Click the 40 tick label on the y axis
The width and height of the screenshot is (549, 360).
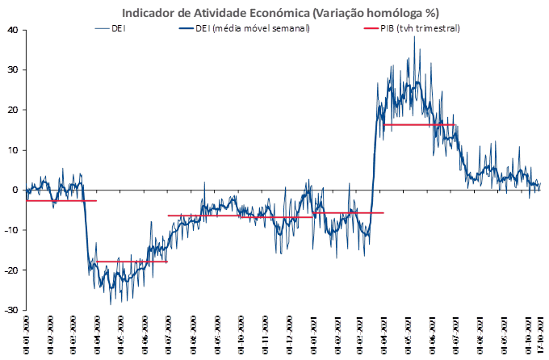point(13,30)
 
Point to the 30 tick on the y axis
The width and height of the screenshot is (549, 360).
point(13,69)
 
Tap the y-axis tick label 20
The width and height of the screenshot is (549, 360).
point(13,110)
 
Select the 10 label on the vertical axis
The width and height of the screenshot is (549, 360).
point(13,150)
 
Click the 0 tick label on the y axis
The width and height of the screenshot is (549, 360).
point(15,190)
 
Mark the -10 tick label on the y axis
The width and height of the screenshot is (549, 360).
point(12,230)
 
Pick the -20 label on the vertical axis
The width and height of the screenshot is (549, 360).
point(12,270)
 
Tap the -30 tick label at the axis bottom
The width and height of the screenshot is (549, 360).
point(12,310)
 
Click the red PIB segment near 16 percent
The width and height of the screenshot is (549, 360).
point(420,124)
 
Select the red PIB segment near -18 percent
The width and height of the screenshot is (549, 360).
point(131,262)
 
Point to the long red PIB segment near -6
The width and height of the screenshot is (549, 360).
point(242,216)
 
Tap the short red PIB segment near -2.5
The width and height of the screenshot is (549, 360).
point(61,200)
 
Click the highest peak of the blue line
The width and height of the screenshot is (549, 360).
point(415,36)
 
